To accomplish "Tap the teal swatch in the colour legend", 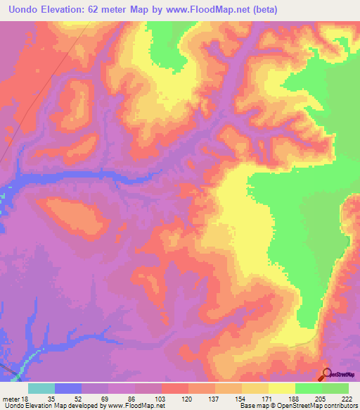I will click(x=41, y=388).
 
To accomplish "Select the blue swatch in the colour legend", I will click(x=68, y=388).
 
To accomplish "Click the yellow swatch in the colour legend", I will click(x=282, y=388).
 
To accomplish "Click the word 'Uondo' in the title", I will click(x=20, y=10).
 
